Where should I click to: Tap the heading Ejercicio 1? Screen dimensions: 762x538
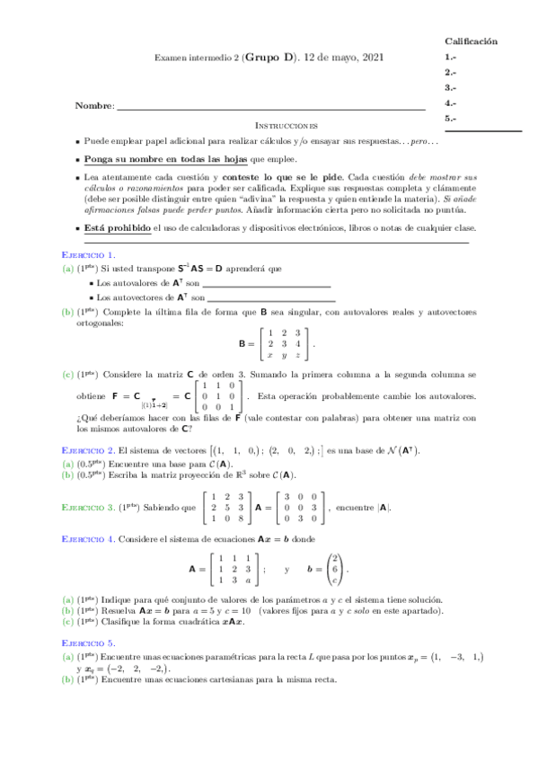tap(87, 255)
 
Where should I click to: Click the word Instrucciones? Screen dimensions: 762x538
tap(287, 126)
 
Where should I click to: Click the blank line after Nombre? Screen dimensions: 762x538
tap(269, 109)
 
